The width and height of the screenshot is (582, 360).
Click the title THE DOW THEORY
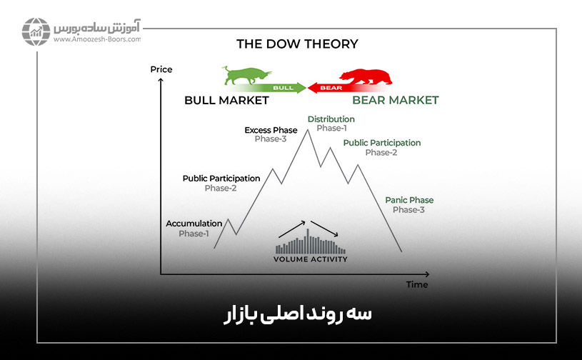click(297, 44)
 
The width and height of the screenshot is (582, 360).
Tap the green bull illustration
click(247, 75)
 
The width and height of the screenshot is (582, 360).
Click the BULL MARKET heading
click(226, 100)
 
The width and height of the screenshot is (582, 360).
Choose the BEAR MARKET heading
click(396, 100)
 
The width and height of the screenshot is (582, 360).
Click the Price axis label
click(161, 69)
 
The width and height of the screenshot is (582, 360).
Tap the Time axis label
click(417, 285)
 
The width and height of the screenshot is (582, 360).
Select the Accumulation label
click(194, 224)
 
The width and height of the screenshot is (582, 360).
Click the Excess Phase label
click(271, 130)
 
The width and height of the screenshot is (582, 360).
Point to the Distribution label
click(331, 119)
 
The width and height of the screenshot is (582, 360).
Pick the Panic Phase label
click(409, 200)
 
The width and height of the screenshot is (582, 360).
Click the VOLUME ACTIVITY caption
click(311, 259)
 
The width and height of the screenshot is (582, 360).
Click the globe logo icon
click(36, 31)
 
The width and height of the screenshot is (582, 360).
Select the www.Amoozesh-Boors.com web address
click(97, 39)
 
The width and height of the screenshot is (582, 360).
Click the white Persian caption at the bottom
click(297, 315)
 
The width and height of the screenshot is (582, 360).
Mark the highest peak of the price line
click(307, 130)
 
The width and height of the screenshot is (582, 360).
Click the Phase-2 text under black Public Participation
click(221, 188)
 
